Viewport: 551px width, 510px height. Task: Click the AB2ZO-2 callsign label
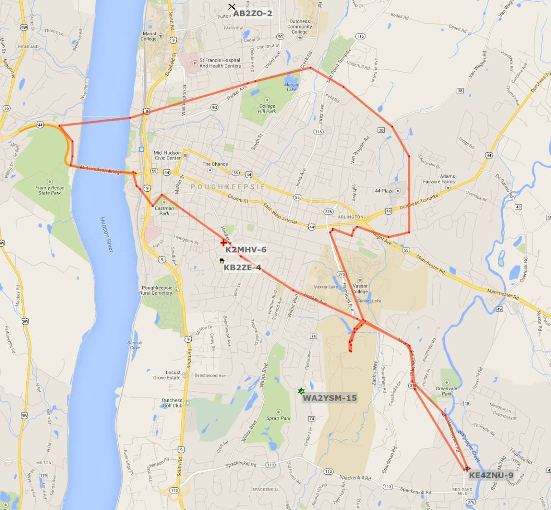pos(252,14)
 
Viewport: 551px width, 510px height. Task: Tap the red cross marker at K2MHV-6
pos(223,243)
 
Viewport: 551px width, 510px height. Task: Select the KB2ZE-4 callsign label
pos(242,267)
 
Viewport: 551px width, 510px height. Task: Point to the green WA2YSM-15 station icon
pos(301,391)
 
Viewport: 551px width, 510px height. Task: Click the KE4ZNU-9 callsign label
pos(491,475)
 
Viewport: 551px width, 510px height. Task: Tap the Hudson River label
pos(107,234)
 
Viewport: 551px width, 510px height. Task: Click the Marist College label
pos(149,36)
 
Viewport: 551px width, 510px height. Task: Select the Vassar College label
pos(360,289)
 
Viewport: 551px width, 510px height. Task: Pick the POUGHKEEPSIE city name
pos(228,187)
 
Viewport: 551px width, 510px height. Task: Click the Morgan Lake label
pos(292,87)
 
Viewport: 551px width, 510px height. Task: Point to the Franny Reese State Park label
pos(50,190)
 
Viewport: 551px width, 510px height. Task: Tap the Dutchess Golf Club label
pos(172,403)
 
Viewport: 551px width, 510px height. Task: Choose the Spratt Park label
pos(278,418)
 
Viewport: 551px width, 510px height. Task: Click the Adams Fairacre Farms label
pos(439,179)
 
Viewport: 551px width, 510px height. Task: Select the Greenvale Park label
pos(446,391)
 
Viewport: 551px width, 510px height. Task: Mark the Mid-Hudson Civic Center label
pos(167,155)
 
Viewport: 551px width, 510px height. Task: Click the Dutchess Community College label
pos(300,26)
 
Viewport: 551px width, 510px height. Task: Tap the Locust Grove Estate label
pos(167,375)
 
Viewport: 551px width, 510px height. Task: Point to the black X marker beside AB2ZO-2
pos(232,7)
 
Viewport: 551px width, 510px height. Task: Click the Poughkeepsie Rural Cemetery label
pos(157,290)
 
